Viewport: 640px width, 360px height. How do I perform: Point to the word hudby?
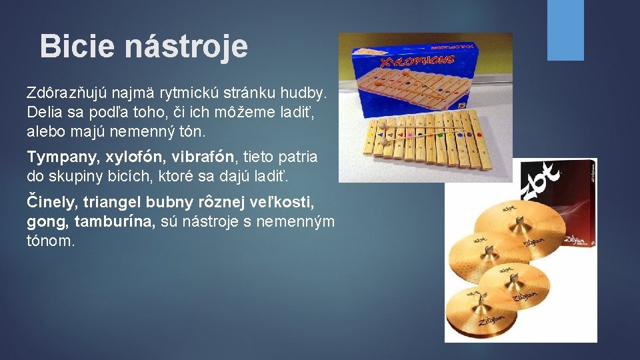point(308,91)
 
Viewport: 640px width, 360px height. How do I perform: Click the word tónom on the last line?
point(51,241)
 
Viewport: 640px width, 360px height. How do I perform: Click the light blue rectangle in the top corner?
point(565,30)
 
